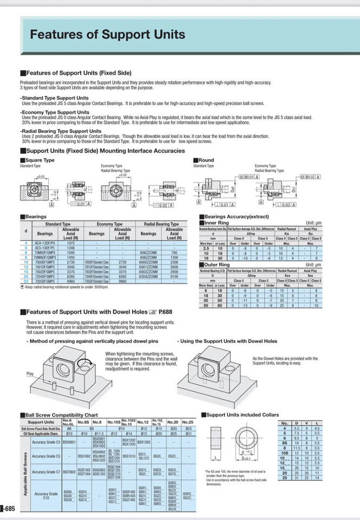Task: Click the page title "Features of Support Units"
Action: (x=107, y=35)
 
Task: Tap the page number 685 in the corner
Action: (x=9, y=509)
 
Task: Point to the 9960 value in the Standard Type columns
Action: (x=71, y=281)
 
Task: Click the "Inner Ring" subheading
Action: (x=217, y=223)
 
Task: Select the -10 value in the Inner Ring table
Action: (x=246, y=258)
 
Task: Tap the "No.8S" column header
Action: (x=83, y=421)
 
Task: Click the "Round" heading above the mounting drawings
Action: (x=206, y=160)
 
